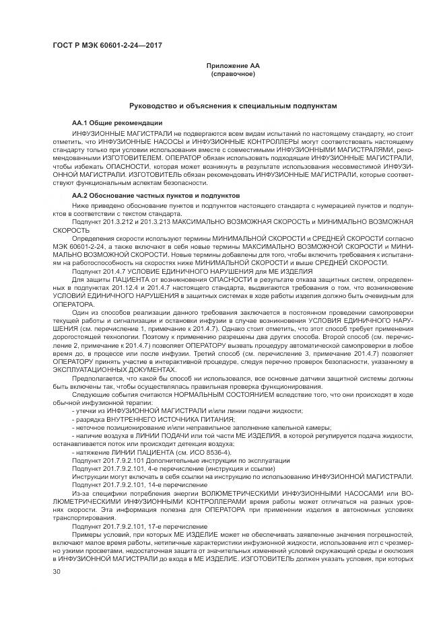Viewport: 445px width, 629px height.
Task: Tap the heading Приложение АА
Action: (x=232, y=66)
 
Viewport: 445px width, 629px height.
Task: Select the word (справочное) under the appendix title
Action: (x=233, y=73)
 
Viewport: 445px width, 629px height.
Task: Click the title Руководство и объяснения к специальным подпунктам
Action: (x=233, y=106)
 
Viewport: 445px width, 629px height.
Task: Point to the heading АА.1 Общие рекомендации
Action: (x=116, y=123)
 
